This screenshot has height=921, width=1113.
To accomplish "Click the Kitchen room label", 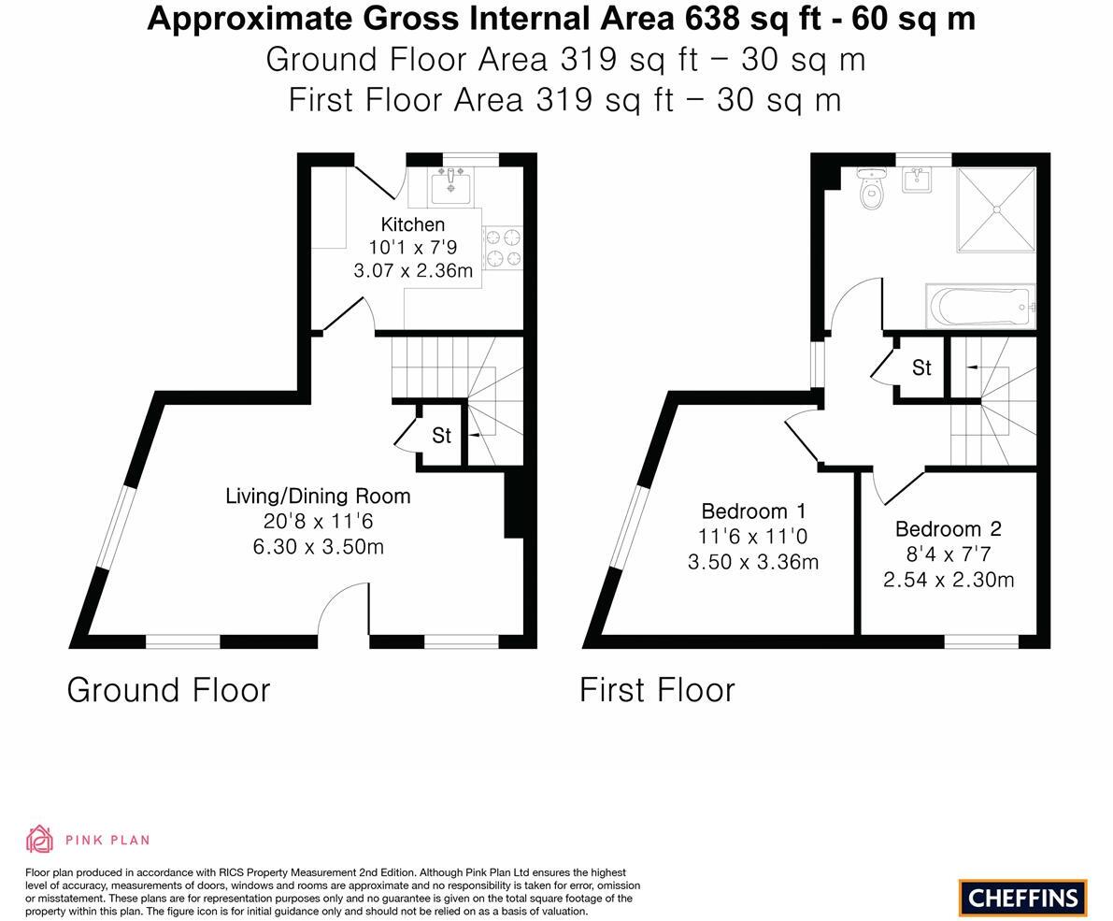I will (412, 224).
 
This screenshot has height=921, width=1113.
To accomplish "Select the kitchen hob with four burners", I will (503, 247).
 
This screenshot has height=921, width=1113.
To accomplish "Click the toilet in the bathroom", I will (871, 190).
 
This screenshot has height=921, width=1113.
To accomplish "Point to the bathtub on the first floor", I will (980, 306).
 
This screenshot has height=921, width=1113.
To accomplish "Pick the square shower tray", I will (995, 209).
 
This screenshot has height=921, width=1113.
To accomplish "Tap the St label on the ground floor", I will (441, 436).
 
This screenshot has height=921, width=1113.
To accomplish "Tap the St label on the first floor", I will (921, 368).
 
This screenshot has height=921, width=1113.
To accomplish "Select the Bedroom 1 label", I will (753, 511).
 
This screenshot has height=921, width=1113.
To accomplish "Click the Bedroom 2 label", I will (948, 529).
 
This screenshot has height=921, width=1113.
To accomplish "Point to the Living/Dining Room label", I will (318, 496).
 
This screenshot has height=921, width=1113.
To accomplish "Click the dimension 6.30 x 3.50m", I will (318, 547).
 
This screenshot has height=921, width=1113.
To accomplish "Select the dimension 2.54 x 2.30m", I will (948, 580).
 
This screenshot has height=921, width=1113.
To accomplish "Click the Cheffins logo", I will (1022, 898).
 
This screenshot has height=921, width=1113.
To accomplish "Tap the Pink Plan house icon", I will (39, 839).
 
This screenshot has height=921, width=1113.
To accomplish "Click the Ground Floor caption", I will (168, 690).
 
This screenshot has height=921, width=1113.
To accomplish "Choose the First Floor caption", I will (657, 690).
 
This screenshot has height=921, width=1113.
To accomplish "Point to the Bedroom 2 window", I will (980, 641).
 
